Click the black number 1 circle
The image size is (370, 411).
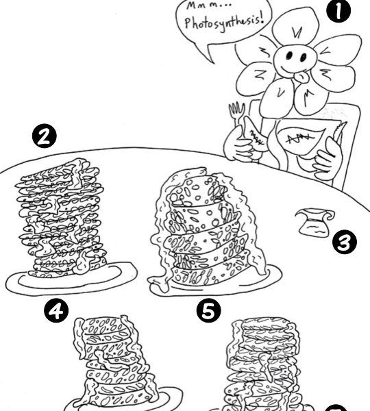coord(338,11)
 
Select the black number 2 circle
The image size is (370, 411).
coord(44,136)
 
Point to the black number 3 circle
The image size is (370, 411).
coord(345,243)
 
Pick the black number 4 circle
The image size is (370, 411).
coord(56,311)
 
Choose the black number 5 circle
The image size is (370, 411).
coord(209,310)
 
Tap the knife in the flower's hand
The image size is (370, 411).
coord(341,133)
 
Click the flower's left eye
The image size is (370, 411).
coord(289,55)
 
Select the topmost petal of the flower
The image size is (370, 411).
coord(295,27)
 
